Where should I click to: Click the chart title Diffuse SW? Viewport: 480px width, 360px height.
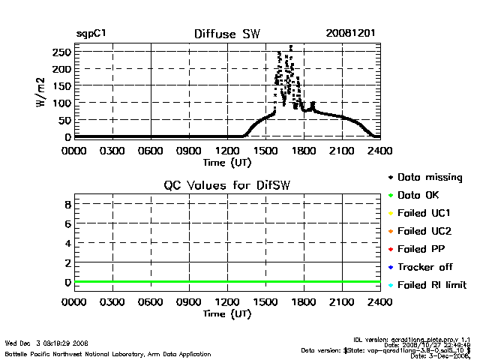pyautogui.click(x=226, y=34)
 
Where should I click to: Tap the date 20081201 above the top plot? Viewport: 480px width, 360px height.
pyautogui.click(x=350, y=34)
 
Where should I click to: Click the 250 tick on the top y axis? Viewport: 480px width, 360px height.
pyautogui.click(x=62, y=52)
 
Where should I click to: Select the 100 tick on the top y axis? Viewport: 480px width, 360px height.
pyautogui.click(x=62, y=102)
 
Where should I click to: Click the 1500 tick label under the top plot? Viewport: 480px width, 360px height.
pyautogui.click(x=265, y=150)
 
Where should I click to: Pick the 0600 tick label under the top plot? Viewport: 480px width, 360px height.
pyautogui.click(x=150, y=150)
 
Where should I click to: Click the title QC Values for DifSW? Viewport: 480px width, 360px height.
pyautogui.click(x=226, y=186)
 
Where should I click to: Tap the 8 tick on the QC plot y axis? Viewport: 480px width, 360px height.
pyautogui.click(x=67, y=204)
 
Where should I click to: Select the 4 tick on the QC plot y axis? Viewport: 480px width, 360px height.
pyautogui.click(x=67, y=243)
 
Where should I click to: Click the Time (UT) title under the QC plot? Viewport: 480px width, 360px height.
pyautogui.click(x=226, y=313)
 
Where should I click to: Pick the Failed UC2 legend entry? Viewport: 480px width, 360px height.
pyautogui.click(x=425, y=231)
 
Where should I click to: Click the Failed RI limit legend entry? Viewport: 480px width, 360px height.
pyautogui.click(x=432, y=285)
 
